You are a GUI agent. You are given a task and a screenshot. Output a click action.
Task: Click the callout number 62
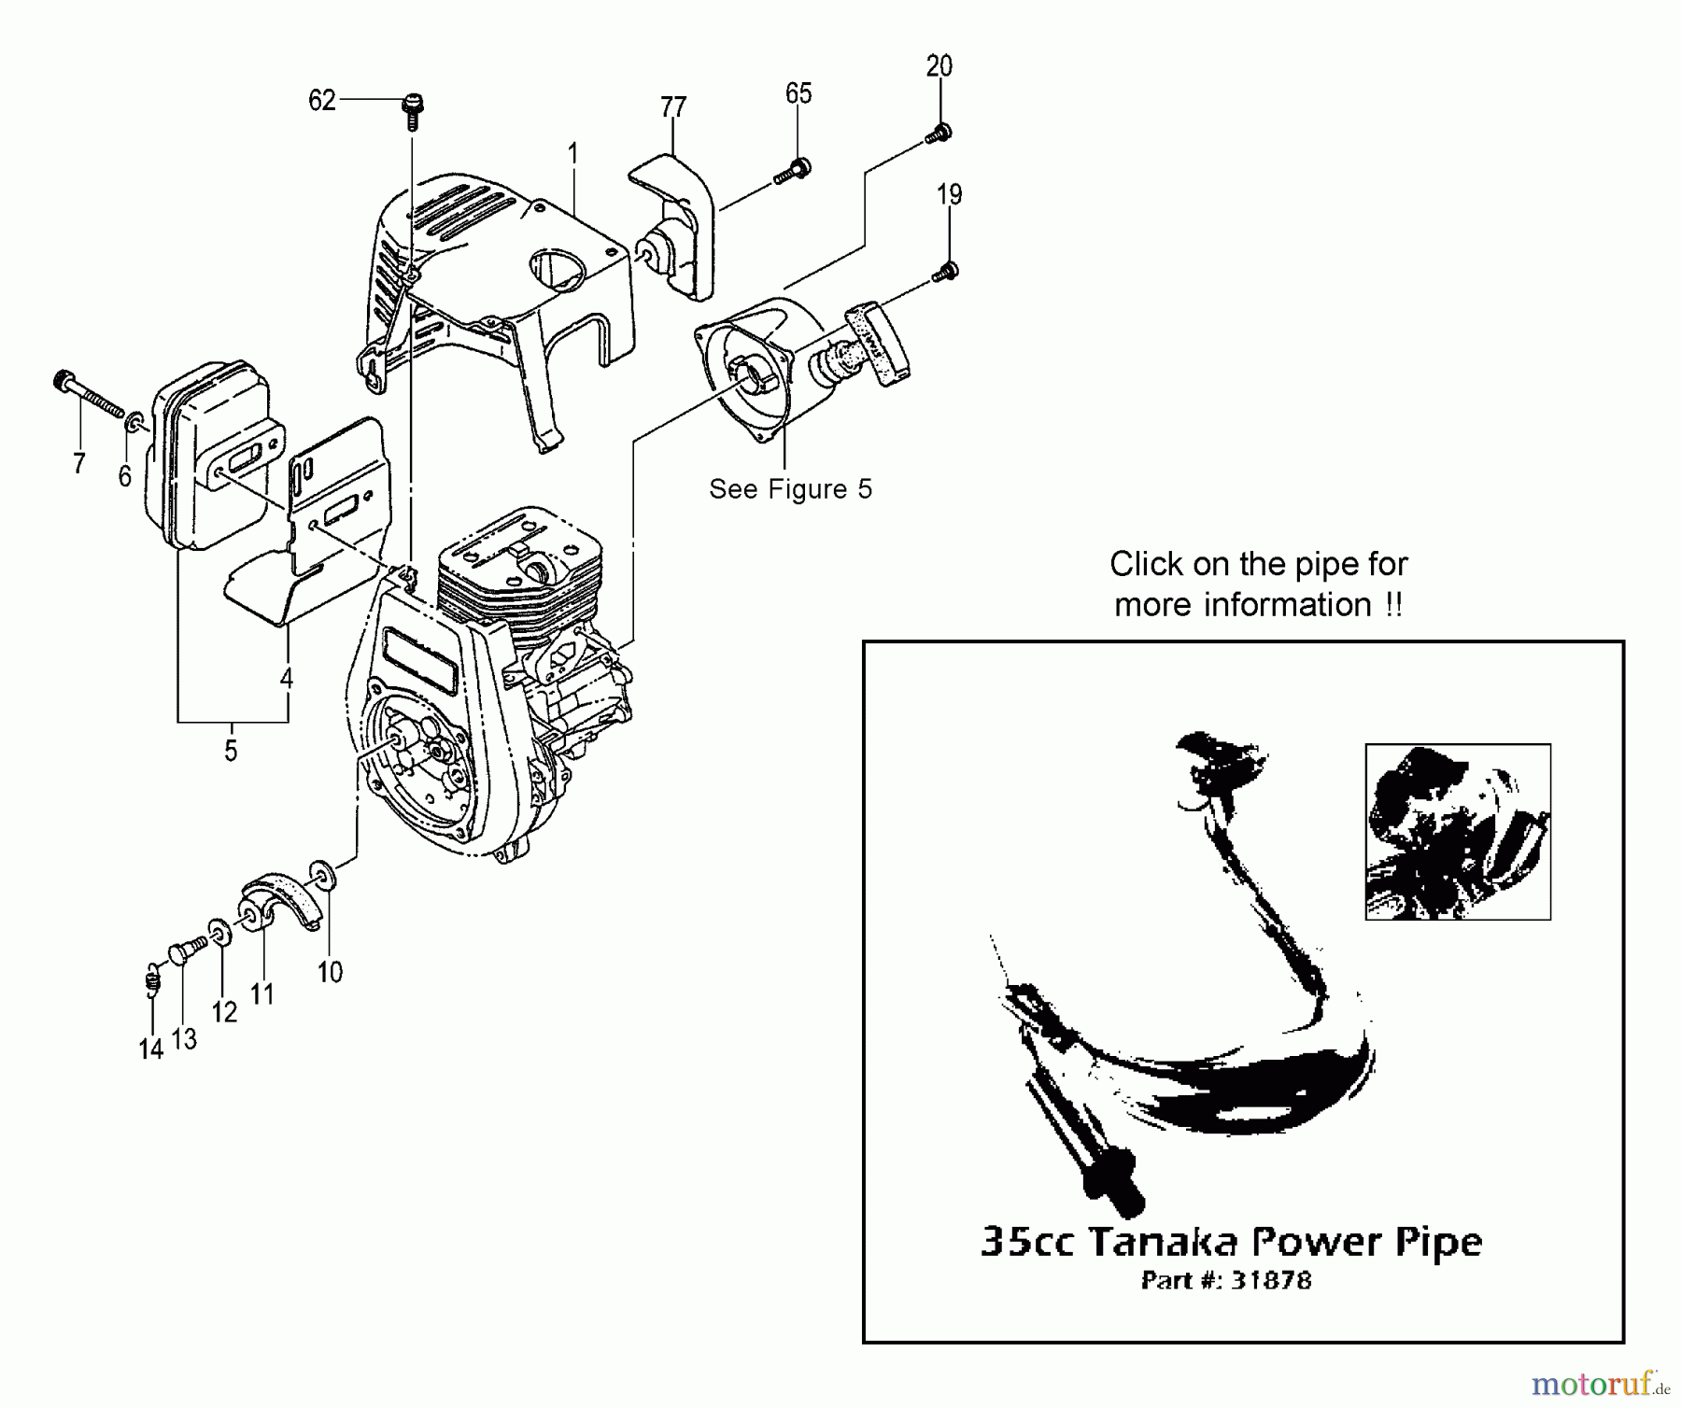321,100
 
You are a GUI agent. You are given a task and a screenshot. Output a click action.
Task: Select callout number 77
673,108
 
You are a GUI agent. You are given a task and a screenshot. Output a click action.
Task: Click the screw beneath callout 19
946,273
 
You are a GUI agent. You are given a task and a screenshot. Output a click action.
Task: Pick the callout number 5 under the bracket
231,751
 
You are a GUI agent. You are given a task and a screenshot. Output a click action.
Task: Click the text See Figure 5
790,489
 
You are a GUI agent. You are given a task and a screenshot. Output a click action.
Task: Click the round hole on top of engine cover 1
558,266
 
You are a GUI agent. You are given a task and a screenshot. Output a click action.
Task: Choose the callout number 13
185,1039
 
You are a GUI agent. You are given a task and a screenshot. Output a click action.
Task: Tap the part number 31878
1270,1280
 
